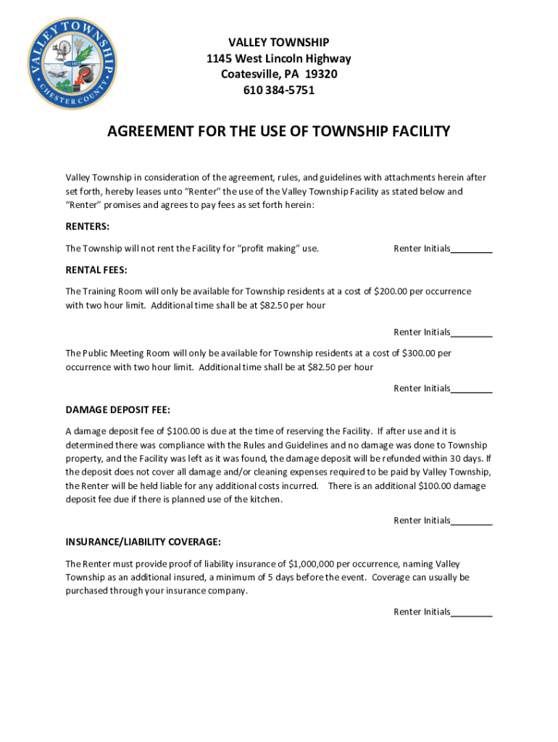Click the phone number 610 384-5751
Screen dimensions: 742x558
click(279, 91)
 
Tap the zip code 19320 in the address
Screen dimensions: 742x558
click(321, 75)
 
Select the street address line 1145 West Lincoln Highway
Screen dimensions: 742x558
click(279, 59)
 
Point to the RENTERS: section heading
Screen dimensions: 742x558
click(88, 226)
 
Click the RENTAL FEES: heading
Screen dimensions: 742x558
click(96, 270)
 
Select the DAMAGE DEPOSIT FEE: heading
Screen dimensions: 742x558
click(118, 409)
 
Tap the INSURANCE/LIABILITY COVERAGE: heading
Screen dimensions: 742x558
click(143, 542)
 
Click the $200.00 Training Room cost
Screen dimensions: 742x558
click(391, 291)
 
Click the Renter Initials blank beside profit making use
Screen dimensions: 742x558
click(472, 250)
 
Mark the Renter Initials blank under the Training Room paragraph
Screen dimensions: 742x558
click(472, 333)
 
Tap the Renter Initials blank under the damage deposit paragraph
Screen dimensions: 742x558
click(472, 522)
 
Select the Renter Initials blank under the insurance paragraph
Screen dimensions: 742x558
click(472, 613)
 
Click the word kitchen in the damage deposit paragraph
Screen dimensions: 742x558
click(265, 499)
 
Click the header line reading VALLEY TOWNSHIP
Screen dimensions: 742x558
click(279, 43)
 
